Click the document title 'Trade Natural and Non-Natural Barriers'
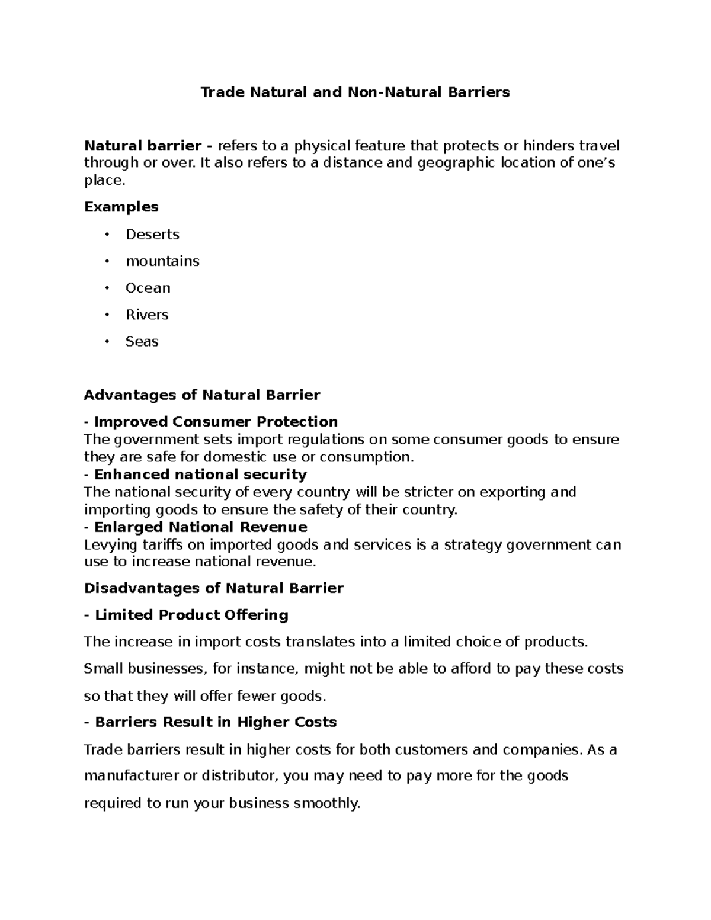(355, 92)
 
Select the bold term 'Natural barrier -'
(149, 146)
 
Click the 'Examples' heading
(121, 207)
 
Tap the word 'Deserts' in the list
(152, 235)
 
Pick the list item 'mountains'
(162, 261)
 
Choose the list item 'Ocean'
(148, 288)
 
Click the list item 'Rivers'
(147, 315)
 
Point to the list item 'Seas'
(142, 341)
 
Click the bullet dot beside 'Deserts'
(107, 235)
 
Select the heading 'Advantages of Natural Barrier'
(202, 395)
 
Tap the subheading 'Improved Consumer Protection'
(216, 422)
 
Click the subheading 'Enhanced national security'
(200, 475)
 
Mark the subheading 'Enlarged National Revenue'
(200, 527)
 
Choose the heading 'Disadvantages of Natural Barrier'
(214, 588)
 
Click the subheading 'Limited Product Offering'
(191, 615)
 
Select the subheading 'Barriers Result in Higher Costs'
(216, 722)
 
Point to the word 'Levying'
(110, 545)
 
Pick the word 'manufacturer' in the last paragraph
(132, 776)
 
